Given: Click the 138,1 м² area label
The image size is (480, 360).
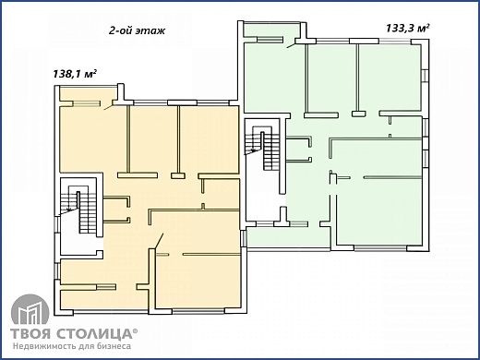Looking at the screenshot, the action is [x=75, y=74].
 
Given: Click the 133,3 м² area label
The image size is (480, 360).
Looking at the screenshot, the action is [x=408, y=29].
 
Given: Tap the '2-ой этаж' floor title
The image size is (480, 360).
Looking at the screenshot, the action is [x=138, y=30].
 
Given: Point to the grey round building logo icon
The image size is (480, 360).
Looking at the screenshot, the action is [x=30, y=310].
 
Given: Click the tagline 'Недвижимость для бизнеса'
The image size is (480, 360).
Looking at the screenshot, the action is [x=72, y=346].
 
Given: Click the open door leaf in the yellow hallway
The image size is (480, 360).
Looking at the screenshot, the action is [x=159, y=241].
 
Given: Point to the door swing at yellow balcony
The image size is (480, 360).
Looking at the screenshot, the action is [x=108, y=107].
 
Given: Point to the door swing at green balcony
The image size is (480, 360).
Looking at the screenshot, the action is [x=291, y=45].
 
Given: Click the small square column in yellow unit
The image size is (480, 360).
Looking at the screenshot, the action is [x=178, y=176].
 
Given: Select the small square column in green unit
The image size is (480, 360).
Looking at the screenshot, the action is [x=359, y=114].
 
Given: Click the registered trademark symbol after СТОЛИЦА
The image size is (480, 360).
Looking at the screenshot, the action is [x=135, y=331].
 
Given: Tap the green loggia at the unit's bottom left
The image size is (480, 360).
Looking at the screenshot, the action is [x=288, y=237].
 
